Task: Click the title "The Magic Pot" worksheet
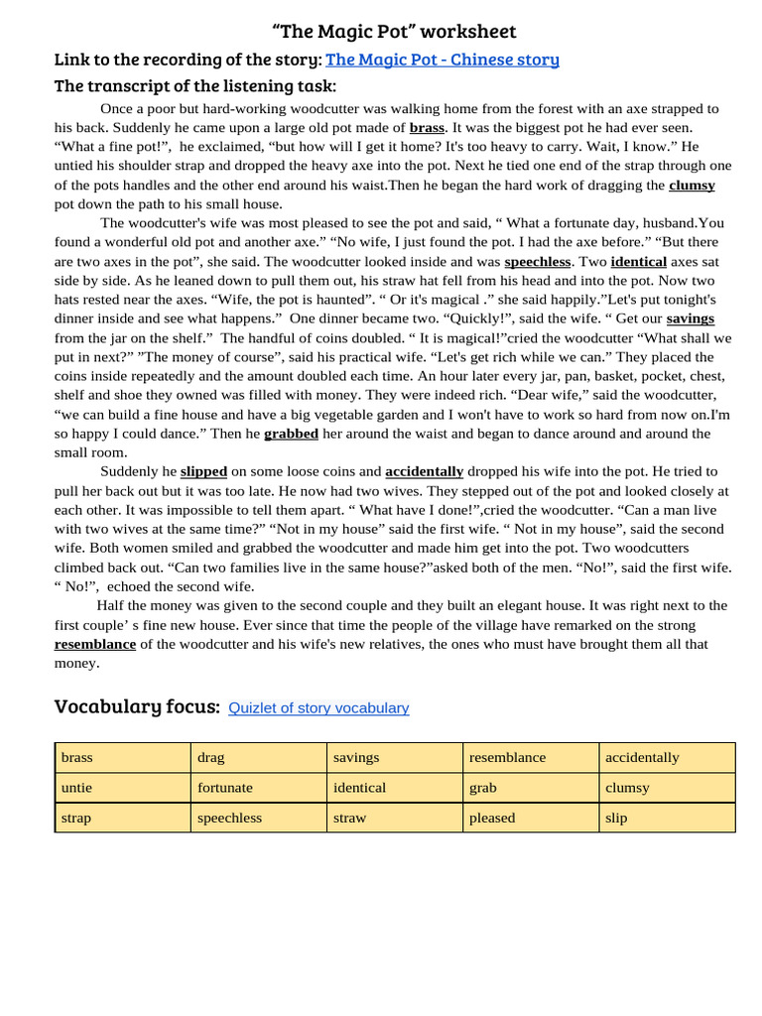click(x=394, y=32)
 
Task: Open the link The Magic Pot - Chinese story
click(x=443, y=60)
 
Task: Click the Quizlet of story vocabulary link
click(x=318, y=708)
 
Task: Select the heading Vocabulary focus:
click(x=137, y=706)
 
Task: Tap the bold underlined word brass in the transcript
click(x=427, y=128)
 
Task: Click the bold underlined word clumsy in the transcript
click(x=692, y=186)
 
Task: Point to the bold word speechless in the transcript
click(x=538, y=262)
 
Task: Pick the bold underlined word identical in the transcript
click(x=638, y=262)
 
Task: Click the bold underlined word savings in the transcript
click(x=690, y=318)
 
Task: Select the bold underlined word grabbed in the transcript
click(x=291, y=434)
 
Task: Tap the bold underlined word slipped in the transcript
click(x=203, y=471)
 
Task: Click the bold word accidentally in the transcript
click(x=424, y=471)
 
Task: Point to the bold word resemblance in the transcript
click(x=95, y=644)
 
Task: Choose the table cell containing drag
click(x=259, y=757)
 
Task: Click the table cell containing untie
click(x=123, y=788)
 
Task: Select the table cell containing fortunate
click(x=259, y=788)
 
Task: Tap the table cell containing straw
click(x=395, y=818)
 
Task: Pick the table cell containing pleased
click(x=531, y=818)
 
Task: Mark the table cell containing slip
click(x=667, y=818)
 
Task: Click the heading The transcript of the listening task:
click(x=195, y=86)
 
